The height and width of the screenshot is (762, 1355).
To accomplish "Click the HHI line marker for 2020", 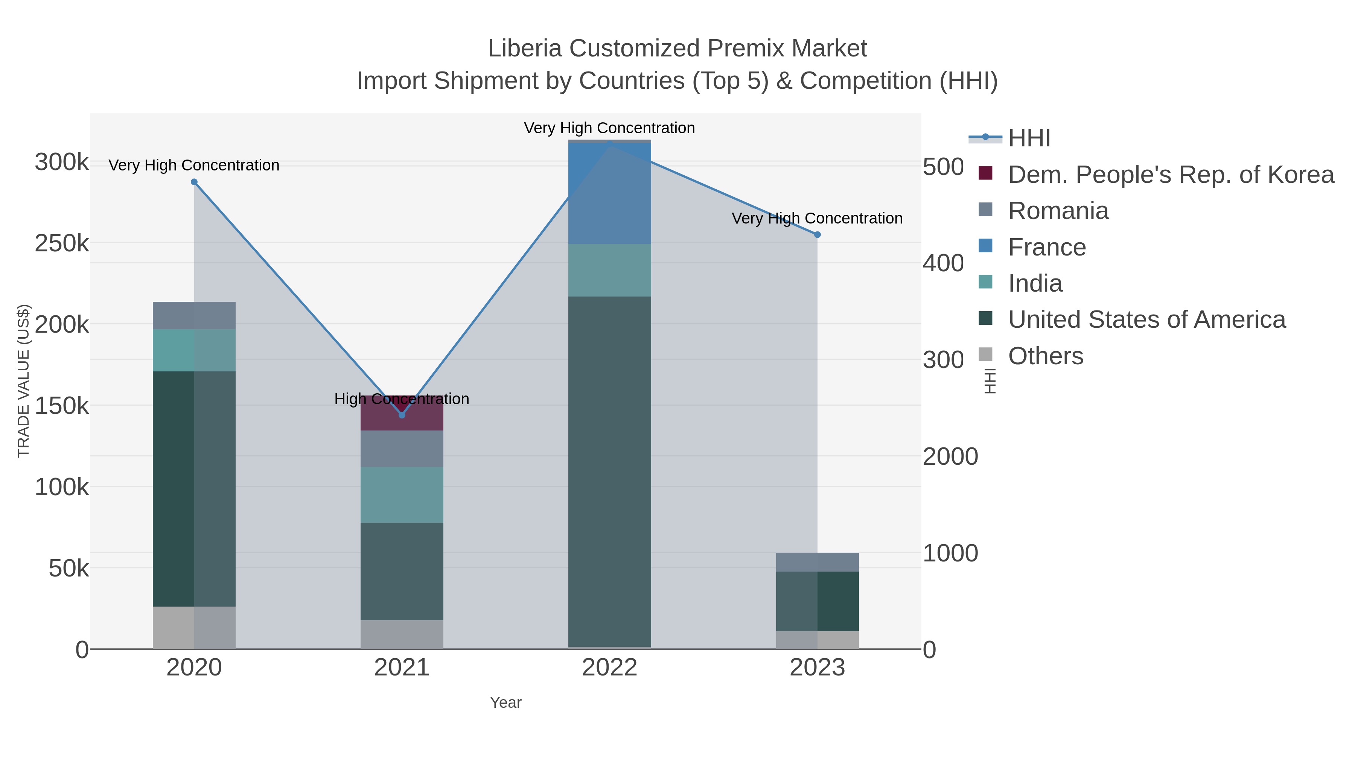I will coord(194,182).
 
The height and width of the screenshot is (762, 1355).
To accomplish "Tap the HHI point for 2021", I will coord(402,415).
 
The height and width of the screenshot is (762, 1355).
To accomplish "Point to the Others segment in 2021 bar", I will coord(402,634).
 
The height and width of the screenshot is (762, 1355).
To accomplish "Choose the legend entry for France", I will coord(1046,247).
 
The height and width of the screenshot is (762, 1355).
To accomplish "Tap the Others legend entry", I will coord(1045,356).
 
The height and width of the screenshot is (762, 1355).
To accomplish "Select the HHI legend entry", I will coord(1029,138).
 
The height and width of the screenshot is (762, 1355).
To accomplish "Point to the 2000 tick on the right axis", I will coord(950,456).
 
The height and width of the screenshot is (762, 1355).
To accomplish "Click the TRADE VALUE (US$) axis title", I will coord(24,381).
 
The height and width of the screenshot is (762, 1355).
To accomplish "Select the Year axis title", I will coord(505,703).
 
